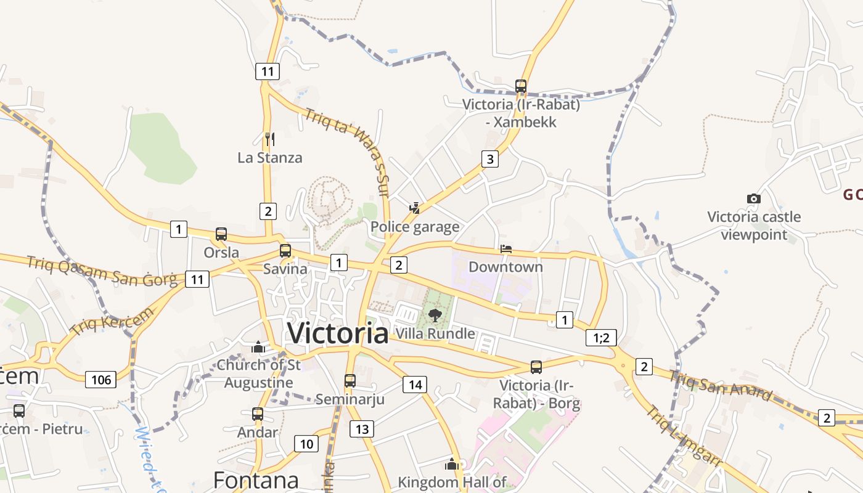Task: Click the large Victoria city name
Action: pyautogui.click(x=338, y=333)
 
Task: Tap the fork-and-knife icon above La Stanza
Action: pyautogui.click(x=269, y=139)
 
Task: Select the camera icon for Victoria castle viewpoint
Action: pyautogui.click(x=753, y=198)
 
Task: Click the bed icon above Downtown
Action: pyautogui.click(x=505, y=249)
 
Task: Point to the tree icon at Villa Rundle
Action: pyautogui.click(x=435, y=316)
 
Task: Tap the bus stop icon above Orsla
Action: pyautogui.click(x=221, y=234)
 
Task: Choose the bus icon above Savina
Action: pyautogui.click(x=285, y=251)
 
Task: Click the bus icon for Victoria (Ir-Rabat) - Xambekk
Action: pyautogui.click(x=521, y=86)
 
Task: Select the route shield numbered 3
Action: pyautogui.click(x=489, y=160)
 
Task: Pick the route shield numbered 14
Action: pyautogui.click(x=415, y=385)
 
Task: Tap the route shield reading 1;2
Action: pyautogui.click(x=600, y=337)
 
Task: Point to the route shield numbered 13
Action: pyautogui.click(x=361, y=429)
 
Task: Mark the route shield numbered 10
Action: pyautogui.click(x=306, y=443)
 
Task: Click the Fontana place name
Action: pyautogui.click(x=256, y=479)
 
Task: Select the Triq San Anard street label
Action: pyautogui.click(x=721, y=386)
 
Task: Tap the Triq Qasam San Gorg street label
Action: pyautogui.click(x=101, y=271)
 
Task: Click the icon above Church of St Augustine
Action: pyautogui.click(x=258, y=348)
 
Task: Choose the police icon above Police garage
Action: pyautogui.click(x=415, y=208)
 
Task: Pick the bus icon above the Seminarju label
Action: pyautogui.click(x=350, y=381)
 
